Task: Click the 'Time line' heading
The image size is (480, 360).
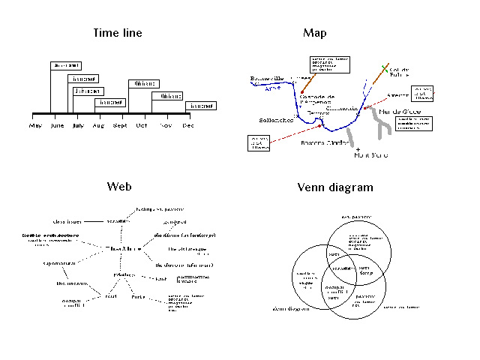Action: (118, 33)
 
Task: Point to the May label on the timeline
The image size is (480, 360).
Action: (35, 126)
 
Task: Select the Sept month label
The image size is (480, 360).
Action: (119, 126)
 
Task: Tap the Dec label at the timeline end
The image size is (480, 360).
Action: (187, 126)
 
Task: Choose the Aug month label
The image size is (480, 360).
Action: (97, 126)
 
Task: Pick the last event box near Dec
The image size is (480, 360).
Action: (201, 106)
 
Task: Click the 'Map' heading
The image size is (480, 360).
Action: (315, 33)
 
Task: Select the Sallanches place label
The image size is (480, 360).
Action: (275, 119)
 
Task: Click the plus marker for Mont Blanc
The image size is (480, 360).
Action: (358, 148)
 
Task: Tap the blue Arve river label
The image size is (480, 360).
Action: (274, 89)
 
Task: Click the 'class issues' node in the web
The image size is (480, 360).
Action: (67, 222)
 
